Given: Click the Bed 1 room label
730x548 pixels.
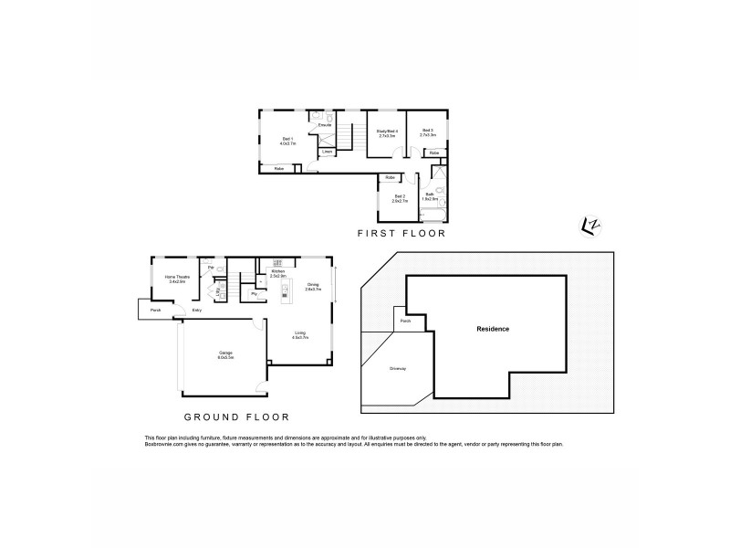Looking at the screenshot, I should [286, 139].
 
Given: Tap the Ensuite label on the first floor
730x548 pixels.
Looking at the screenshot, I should [325, 124].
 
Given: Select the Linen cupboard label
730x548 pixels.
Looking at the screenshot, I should [327, 152].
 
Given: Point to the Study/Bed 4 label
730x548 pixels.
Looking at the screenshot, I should [387, 132].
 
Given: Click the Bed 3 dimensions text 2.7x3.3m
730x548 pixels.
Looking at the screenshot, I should [427, 136].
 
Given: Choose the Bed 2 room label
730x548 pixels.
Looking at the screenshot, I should [399, 195].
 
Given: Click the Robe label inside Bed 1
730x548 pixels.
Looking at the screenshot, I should [277, 169].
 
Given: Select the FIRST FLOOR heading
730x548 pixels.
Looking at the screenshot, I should [401, 235].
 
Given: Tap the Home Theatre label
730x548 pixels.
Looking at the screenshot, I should [176, 276].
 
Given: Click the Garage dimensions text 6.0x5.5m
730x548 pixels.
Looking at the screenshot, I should [225, 358].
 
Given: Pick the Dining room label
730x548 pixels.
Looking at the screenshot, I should [313, 284].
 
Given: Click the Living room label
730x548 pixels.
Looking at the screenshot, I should [300, 332].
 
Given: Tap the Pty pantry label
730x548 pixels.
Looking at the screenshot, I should [254, 293].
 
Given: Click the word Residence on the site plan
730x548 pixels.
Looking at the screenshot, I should [493, 329].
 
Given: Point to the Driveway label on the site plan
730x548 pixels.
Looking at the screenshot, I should [398, 369].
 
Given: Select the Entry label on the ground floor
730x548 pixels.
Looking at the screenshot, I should [197, 311].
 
